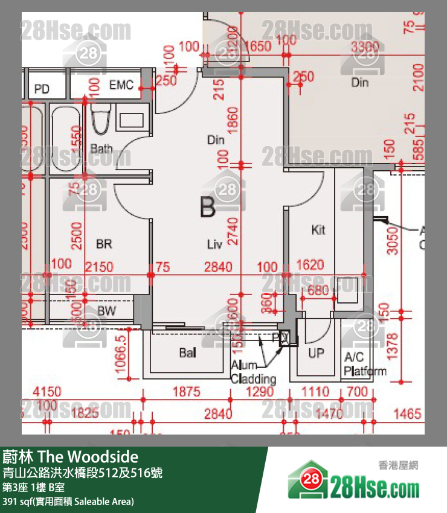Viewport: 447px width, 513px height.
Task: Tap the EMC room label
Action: tap(121, 85)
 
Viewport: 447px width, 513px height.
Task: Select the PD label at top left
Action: tap(42, 89)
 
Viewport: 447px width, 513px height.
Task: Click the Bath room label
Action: tap(101, 148)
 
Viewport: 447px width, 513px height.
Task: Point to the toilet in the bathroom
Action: tap(100, 119)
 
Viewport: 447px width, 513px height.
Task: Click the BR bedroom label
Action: tap(104, 244)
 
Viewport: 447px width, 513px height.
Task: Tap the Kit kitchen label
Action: tap(318, 230)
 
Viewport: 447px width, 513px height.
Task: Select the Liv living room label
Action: tap(214, 244)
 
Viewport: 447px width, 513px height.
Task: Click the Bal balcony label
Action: tap(187, 352)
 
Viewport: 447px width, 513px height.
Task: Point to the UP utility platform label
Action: tap(316, 353)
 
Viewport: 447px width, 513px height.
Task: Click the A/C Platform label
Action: tap(364, 364)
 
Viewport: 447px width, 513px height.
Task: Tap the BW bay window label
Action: tap(107, 311)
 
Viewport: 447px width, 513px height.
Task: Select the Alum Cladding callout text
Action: tap(253, 372)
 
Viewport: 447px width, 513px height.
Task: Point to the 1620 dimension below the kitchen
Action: tap(310, 265)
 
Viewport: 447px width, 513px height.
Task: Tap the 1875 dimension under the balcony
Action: tap(186, 392)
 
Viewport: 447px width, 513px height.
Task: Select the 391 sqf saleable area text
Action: tap(68, 502)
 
